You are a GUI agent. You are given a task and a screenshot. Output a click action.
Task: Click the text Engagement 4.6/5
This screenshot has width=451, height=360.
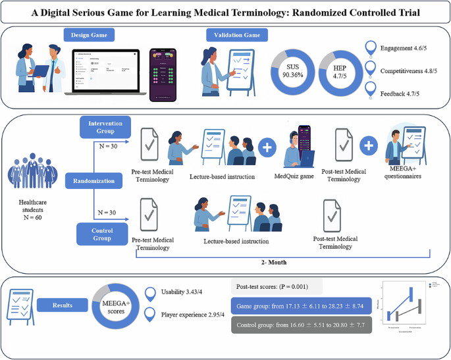click(404, 49)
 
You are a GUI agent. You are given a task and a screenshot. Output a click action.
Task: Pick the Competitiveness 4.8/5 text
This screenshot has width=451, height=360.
click(409, 71)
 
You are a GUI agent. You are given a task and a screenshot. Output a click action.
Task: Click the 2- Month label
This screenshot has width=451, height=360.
click(282, 261)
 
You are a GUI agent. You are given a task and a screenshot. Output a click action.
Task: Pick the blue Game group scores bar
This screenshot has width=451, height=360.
click(302, 305)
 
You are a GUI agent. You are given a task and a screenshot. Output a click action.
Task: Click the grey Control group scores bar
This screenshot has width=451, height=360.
click(302, 325)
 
